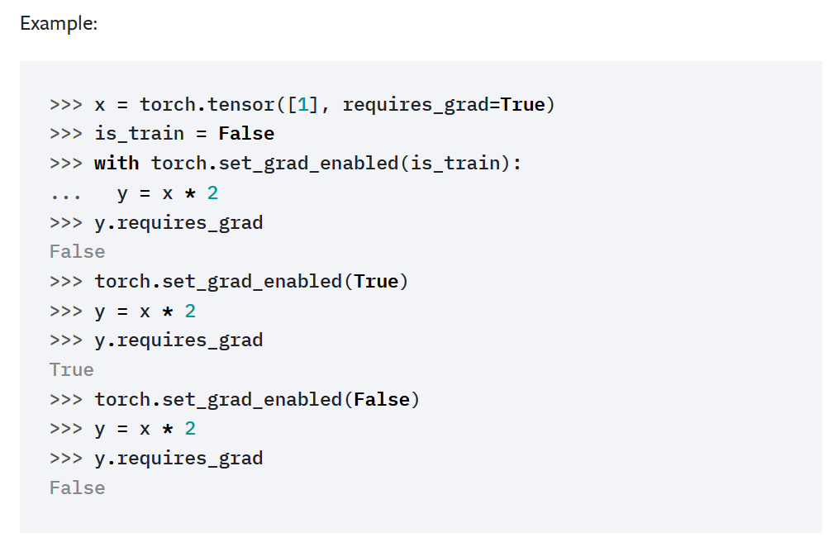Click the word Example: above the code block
(x=59, y=24)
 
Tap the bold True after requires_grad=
(x=523, y=105)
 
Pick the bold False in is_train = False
(x=246, y=134)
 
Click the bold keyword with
(x=117, y=163)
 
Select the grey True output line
(x=72, y=369)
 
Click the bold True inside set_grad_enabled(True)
(x=376, y=282)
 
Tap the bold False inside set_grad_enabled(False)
(x=382, y=400)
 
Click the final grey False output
(x=78, y=488)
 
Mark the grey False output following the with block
(x=78, y=252)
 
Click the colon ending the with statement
(x=517, y=163)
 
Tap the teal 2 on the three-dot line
(x=212, y=193)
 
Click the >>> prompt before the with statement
(x=66, y=163)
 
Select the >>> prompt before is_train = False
(x=66, y=134)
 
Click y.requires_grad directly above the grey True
(x=178, y=340)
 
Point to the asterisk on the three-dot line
(x=190, y=193)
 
